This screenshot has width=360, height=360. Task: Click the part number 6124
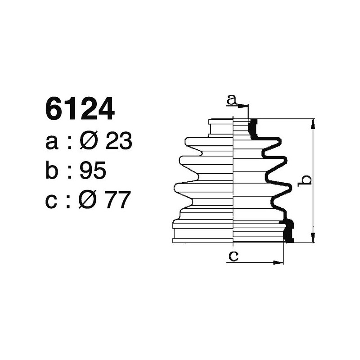[80, 110]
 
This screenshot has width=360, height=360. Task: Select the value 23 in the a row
[118, 142]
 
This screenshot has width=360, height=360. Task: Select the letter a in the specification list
[52, 144]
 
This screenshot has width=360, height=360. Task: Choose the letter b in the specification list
[52, 171]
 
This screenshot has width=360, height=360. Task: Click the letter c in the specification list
[51, 201]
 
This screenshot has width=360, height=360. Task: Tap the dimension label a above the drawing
[231, 99]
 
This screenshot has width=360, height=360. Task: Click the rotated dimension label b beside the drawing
[306, 180]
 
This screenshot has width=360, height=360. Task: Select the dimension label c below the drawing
[233, 256]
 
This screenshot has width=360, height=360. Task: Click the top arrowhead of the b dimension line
[313, 123]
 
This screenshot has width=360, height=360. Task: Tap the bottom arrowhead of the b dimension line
[313, 239]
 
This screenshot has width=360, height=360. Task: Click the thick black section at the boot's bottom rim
[288, 230]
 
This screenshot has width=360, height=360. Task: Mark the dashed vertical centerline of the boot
[234, 180]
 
